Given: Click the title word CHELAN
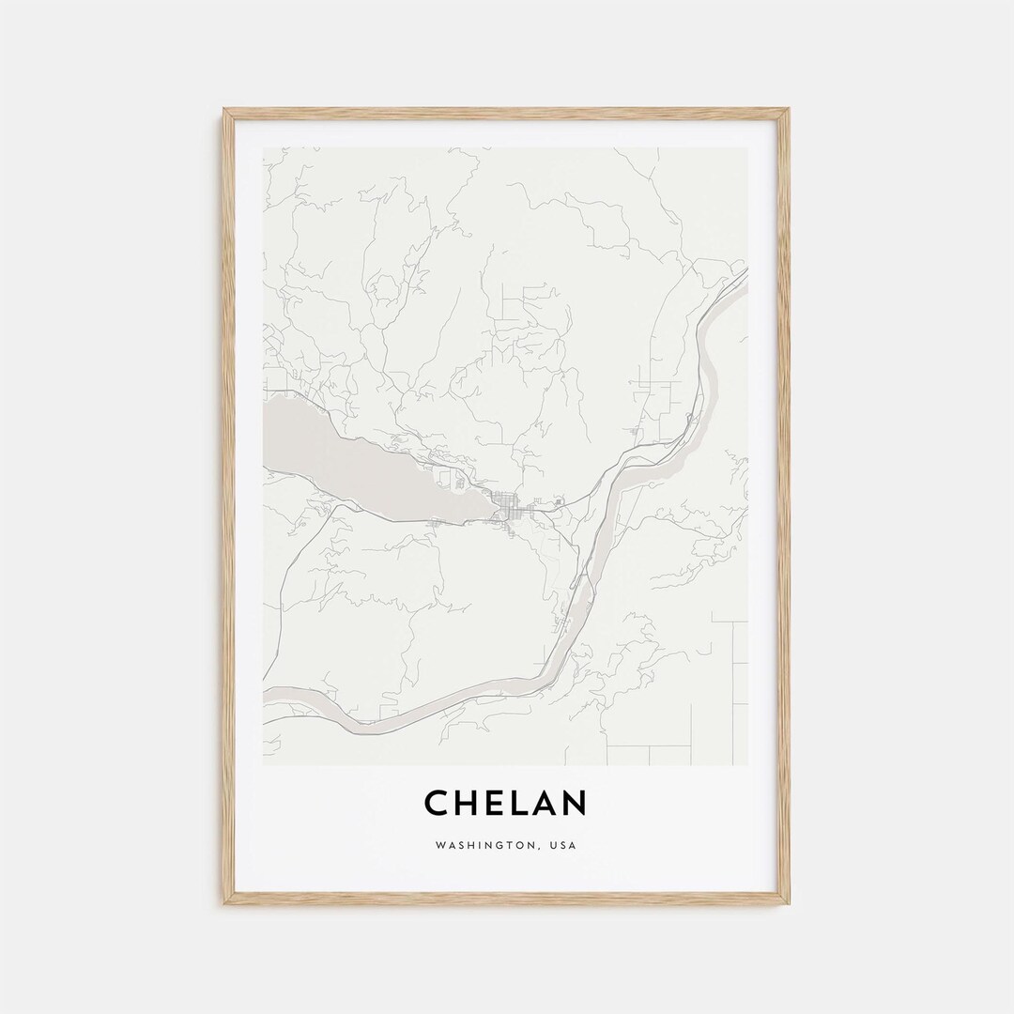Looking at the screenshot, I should pyautogui.click(x=506, y=804).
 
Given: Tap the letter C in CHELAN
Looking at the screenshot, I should pyautogui.click(x=437, y=804).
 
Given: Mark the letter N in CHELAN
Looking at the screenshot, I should pyautogui.click(x=575, y=804).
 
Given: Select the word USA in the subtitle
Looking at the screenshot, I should pyautogui.click(x=564, y=845).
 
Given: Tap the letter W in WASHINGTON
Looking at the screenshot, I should pyautogui.click(x=440, y=845).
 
